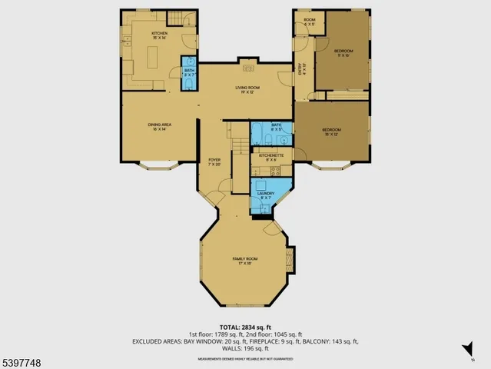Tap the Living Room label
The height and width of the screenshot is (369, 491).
coord(247,90)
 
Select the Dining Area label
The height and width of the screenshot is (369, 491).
coord(160,126)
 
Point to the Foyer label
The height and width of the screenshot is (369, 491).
coord(214,161)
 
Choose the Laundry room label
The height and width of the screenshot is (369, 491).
coord(266,194)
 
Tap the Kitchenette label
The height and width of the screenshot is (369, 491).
coord(271,157)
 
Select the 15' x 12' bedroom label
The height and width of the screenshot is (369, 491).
coord(331,131)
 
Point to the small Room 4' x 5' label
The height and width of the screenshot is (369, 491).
coord(309,22)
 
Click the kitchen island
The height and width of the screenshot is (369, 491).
coord(152,58)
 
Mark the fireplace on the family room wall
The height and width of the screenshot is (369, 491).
coord(290,256)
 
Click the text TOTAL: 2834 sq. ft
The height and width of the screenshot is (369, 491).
coord(245,327)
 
